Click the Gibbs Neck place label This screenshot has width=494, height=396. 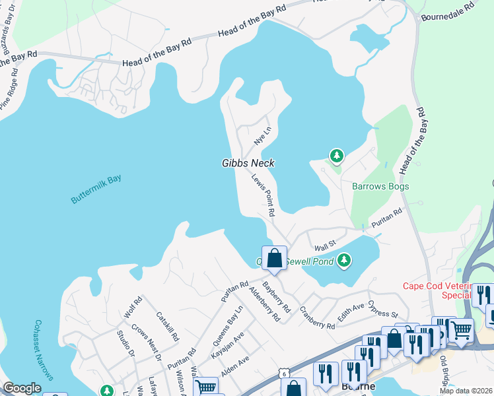[248, 163]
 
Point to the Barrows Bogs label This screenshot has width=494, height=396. [380, 186]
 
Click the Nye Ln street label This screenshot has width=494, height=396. [263, 137]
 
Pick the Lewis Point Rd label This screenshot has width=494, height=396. [262, 195]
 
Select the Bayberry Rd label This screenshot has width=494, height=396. [276, 296]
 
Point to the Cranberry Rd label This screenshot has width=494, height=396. [317, 317]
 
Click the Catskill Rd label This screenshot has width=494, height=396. [168, 327]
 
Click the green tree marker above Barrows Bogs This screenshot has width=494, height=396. [337, 156]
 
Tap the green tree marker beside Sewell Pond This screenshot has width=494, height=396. [343, 261]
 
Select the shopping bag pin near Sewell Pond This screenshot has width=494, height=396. [274, 258]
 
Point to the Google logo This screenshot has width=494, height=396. [22, 388]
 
